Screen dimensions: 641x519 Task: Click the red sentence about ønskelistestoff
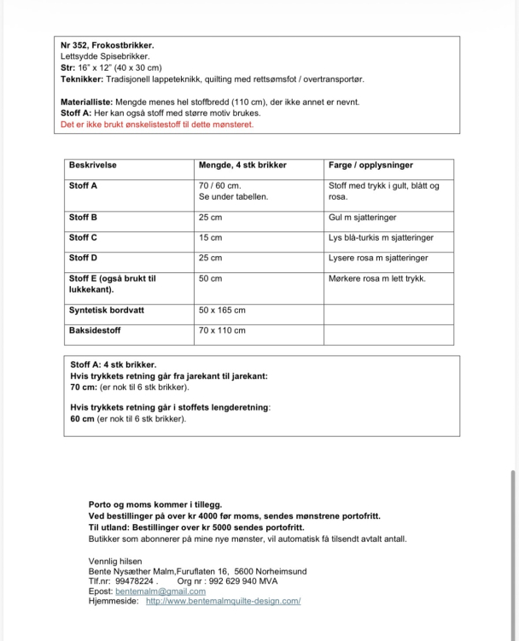[x=157, y=124]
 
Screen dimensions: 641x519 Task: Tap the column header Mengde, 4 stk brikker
[x=242, y=165]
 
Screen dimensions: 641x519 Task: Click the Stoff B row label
[x=83, y=217]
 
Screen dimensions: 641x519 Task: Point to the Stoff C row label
[x=83, y=237]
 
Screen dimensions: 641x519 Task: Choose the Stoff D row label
[x=83, y=258]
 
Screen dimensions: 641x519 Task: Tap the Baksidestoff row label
[x=95, y=330]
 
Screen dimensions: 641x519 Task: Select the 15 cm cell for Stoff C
[x=210, y=237]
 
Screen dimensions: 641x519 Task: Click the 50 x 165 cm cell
[x=222, y=310]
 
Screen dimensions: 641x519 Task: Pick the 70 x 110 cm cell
[x=222, y=330]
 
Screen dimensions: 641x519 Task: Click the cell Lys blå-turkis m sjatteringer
[x=381, y=237]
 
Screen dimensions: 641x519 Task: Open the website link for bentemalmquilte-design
[x=223, y=601]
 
